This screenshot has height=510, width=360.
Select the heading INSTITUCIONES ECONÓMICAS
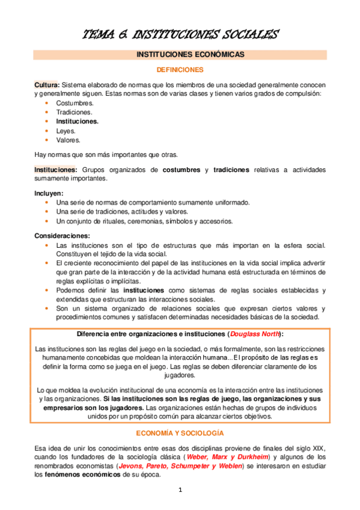point(180,55)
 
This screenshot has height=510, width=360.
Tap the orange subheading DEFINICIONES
point(180,70)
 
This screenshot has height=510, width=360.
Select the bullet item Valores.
point(68,140)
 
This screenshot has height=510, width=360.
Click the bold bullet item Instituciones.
point(78,121)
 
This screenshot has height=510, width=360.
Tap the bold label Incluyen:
point(49,194)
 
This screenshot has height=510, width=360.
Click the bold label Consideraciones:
point(63,236)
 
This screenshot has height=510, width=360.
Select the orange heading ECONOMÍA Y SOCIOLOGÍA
point(180,432)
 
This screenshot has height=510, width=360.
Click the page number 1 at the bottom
point(180,490)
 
